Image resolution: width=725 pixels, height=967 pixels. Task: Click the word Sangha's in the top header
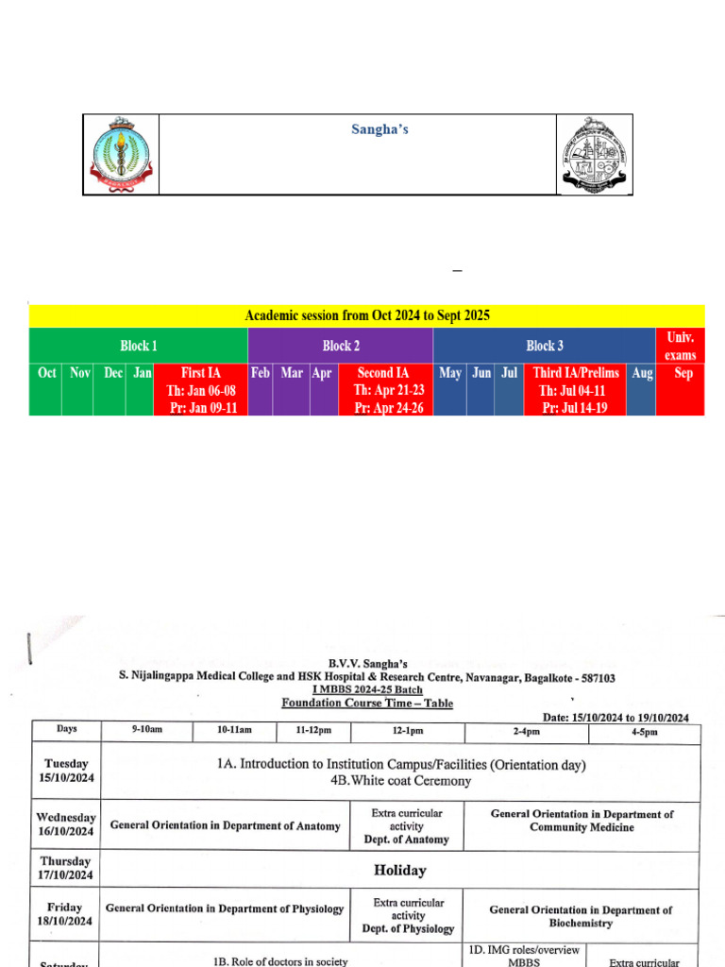(x=380, y=129)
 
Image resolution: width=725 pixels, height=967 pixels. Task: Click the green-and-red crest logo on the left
(x=120, y=154)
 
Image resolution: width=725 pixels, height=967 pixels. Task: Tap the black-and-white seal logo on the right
(x=594, y=154)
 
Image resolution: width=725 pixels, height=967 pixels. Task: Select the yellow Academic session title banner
(x=367, y=315)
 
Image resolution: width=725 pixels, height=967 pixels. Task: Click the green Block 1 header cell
(x=138, y=346)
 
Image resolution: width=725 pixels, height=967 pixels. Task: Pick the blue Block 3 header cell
(x=545, y=346)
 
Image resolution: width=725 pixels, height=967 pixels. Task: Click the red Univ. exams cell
(x=681, y=346)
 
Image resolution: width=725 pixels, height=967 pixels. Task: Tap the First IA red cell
(x=200, y=390)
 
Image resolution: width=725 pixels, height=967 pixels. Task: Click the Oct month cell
(x=46, y=374)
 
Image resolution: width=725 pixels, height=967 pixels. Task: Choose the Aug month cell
(x=642, y=374)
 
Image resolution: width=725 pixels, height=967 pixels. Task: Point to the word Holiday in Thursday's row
(x=399, y=870)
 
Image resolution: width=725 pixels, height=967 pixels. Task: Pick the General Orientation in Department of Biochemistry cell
(x=581, y=916)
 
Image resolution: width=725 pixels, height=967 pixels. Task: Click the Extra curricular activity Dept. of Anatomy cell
(x=407, y=825)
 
